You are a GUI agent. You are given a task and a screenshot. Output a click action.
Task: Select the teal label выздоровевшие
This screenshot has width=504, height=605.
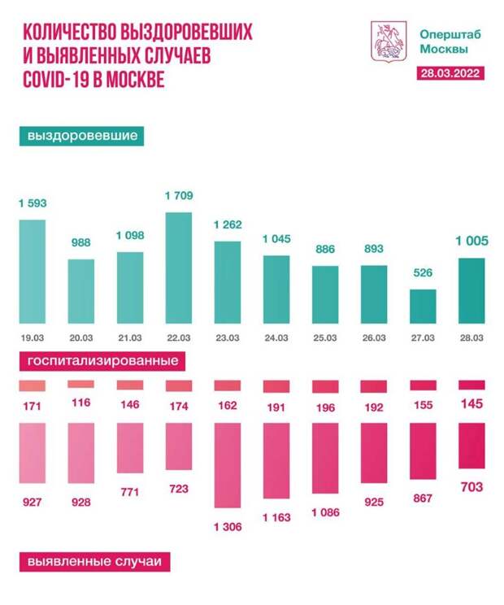[81, 136]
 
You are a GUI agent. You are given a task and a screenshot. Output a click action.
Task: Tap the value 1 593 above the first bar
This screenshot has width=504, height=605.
[33, 204]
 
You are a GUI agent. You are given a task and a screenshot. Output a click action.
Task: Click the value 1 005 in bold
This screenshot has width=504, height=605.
[471, 242]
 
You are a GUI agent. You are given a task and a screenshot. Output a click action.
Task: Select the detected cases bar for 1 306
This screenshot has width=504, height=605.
[228, 464]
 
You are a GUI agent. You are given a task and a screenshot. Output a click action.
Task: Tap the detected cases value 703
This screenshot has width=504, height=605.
[471, 487]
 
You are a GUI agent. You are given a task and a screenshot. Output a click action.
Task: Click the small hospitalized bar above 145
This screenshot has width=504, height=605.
[471, 385]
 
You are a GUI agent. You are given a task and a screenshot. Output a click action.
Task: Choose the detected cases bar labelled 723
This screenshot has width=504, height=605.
[179, 446]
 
